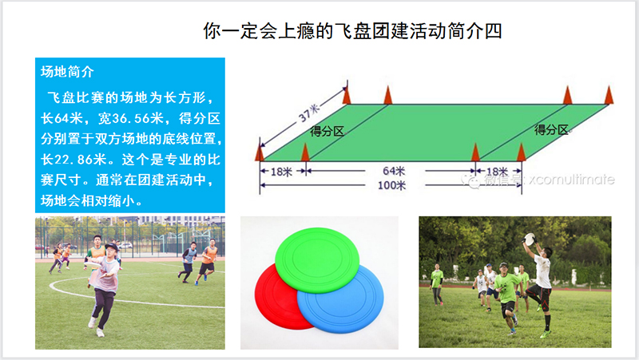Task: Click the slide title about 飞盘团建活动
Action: pyautogui.click(x=352, y=31)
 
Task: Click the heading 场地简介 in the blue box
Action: pyautogui.click(x=67, y=72)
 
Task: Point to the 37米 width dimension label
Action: pyautogui.click(x=308, y=113)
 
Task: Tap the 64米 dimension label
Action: pyautogui.click(x=394, y=171)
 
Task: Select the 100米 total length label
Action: pyautogui.click(x=391, y=186)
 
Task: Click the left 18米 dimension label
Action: pyautogui.click(x=282, y=172)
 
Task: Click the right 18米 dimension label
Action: pyautogui.click(x=497, y=172)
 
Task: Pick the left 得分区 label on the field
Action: pyautogui.click(x=327, y=131)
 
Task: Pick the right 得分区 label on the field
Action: pyautogui.click(x=551, y=130)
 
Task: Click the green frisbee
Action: pyautogui.click(x=317, y=259)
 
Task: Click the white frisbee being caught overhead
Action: pyautogui.click(x=530, y=239)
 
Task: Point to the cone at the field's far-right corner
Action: pyautogui.click(x=609, y=95)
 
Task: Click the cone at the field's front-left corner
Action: pyautogui.click(x=259, y=150)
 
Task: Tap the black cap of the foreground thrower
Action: pyautogui.click(x=111, y=247)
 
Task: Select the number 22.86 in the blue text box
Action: pyautogui.click(x=73, y=159)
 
